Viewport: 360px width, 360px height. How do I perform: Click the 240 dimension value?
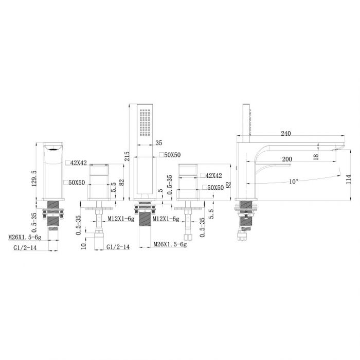pyautogui.click(x=286, y=133)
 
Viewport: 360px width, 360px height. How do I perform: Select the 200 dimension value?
pyautogui.click(x=287, y=159)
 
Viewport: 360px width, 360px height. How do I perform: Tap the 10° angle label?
pyautogui.click(x=294, y=182)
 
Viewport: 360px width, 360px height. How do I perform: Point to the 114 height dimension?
pyautogui.click(x=349, y=179)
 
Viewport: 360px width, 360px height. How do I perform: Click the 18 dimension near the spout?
pyautogui.click(x=316, y=157)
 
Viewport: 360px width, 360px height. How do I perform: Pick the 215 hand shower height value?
pyautogui.click(x=127, y=156)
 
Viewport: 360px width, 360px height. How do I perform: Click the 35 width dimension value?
pyautogui.click(x=158, y=143)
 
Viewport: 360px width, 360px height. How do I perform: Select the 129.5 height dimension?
pyautogui.click(x=34, y=178)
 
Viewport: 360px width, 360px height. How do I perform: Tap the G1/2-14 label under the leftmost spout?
pyautogui.click(x=25, y=247)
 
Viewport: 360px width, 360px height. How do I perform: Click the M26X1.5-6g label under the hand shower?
pyautogui.click(x=170, y=244)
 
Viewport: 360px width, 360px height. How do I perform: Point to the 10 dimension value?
pyautogui.click(x=83, y=246)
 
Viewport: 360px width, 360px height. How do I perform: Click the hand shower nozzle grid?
pyautogui.click(x=145, y=122)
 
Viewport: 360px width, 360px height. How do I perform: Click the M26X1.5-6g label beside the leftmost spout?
pyautogui.click(x=25, y=237)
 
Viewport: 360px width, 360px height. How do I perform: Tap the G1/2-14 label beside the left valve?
pyautogui.click(x=118, y=247)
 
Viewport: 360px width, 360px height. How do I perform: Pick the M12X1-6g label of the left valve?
pyautogui.click(x=121, y=219)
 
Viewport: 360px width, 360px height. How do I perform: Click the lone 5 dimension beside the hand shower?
pyautogui.click(x=160, y=190)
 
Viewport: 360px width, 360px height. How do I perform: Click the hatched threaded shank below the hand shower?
pyautogui.click(x=145, y=220)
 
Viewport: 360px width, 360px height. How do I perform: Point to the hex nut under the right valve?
pyautogui.click(x=188, y=238)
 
